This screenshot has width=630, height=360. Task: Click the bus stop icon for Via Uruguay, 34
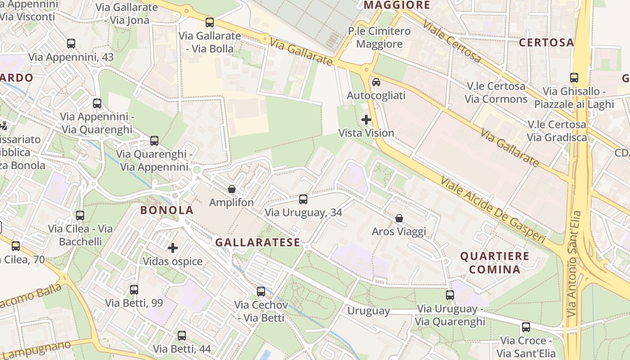click(x=303, y=199)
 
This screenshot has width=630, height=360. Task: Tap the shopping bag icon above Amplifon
click(x=232, y=189)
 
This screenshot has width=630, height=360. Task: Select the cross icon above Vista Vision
click(x=366, y=120)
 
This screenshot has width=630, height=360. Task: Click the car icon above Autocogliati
click(x=376, y=82)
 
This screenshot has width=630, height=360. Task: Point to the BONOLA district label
click(x=167, y=210)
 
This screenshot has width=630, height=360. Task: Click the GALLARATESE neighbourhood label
click(x=257, y=243)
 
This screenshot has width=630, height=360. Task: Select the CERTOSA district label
click(x=546, y=43)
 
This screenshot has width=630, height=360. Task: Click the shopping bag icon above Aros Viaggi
click(x=399, y=218)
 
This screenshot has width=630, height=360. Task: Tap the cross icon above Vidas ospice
click(x=173, y=247)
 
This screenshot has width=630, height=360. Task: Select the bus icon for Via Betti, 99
click(x=134, y=289)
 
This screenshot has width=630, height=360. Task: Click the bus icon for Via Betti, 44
click(x=182, y=335)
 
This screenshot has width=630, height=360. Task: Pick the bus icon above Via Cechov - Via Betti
click(x=261, y=291)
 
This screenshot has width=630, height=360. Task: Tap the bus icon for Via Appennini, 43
click(x=71, y=44)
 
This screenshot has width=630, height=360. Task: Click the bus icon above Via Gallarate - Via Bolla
click(x=210, y=22)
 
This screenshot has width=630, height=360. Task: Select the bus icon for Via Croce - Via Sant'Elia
click(x=526, y=327)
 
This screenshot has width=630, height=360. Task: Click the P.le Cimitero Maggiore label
click(x=379, y=37)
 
